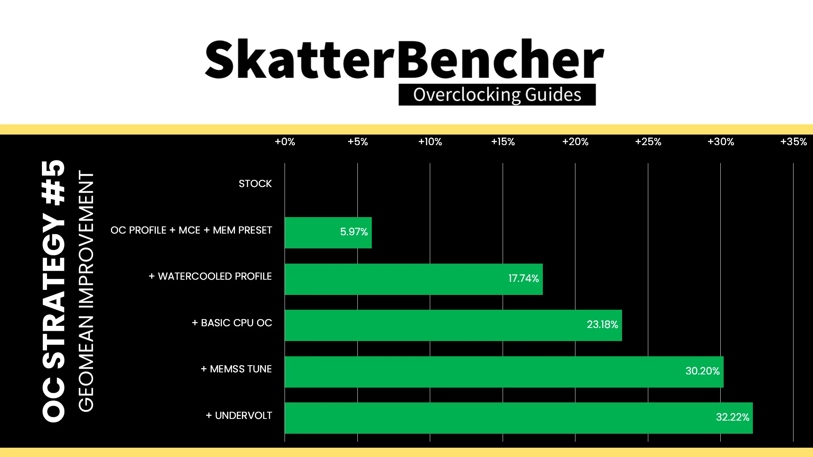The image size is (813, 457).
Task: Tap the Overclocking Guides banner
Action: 497,94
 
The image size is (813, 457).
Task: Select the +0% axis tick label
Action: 285,142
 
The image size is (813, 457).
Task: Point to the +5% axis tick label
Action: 358,142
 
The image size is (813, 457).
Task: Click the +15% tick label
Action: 503,142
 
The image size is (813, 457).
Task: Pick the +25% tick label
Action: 648,142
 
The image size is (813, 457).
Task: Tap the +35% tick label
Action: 794,142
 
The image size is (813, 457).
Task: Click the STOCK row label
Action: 255,184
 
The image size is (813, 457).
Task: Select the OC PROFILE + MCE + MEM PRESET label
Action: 191,230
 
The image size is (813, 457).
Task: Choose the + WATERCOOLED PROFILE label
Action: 210,276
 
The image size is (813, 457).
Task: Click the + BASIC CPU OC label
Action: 232,323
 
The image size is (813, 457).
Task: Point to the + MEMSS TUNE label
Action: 236,369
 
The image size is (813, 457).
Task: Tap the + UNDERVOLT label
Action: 239,416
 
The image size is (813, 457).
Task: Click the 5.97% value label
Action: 354,232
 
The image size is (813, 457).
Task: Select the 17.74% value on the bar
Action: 524,278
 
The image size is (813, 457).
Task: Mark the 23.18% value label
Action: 603,325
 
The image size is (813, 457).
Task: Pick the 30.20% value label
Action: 703,371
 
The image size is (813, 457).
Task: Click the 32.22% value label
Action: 733,417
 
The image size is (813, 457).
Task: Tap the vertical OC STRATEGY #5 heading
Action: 54,291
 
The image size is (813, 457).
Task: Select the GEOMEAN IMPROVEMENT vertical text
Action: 86,291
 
